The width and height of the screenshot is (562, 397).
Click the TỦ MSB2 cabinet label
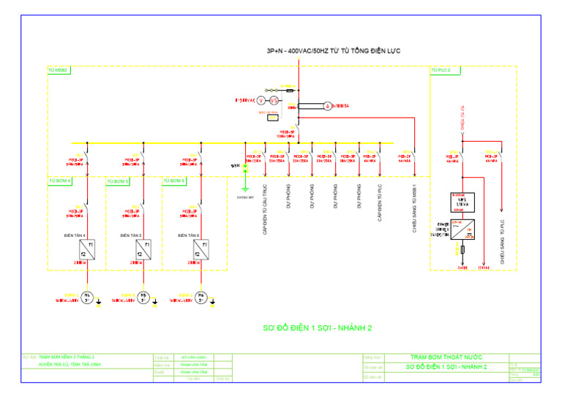[58, 70]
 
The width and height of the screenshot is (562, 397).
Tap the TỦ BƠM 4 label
[60, 180]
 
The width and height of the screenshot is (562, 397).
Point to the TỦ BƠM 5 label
[118, 181]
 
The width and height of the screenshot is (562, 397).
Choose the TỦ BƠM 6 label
[174, 180]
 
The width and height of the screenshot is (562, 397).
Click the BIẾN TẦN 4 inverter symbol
[87, 249]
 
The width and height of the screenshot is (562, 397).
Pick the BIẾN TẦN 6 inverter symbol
[201, 249]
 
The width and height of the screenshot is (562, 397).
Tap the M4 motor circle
[87, 297]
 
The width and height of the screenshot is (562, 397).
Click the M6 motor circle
[201, 297]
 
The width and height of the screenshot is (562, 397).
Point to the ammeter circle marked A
[328, 107]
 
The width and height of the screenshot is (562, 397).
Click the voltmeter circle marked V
[261, 100]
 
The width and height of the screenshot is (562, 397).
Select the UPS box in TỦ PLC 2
[462, 201]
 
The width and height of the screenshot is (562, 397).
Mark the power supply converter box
[462, 230]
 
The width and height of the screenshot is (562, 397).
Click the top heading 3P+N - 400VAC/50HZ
[334, 50]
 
